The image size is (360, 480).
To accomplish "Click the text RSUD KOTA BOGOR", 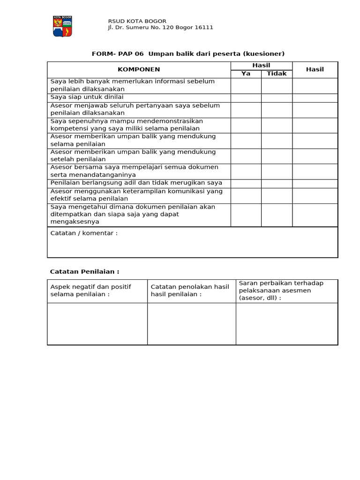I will [137, 21].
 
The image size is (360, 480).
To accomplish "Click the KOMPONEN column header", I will [139, 69].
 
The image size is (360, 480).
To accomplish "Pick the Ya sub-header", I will [246, 74].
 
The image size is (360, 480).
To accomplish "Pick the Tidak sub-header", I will [277, 74].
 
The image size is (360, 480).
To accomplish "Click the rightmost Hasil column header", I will [315, 69].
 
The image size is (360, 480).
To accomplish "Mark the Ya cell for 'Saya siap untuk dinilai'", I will [246, 97].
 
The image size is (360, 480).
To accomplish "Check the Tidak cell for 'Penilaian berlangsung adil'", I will [277, 183].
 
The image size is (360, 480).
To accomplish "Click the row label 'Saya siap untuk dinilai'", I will [87, 97].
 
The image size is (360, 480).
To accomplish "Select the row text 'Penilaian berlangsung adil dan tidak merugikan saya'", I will [136, 183].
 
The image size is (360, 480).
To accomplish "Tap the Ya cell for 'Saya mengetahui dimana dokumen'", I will [246, 215].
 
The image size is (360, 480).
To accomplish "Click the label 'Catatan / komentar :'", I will [84, 233].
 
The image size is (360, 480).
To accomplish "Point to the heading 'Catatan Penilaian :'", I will [85, 271].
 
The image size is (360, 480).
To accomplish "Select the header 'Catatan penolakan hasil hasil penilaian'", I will [190, 290].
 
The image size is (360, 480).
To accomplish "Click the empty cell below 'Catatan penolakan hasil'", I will [191, 323].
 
